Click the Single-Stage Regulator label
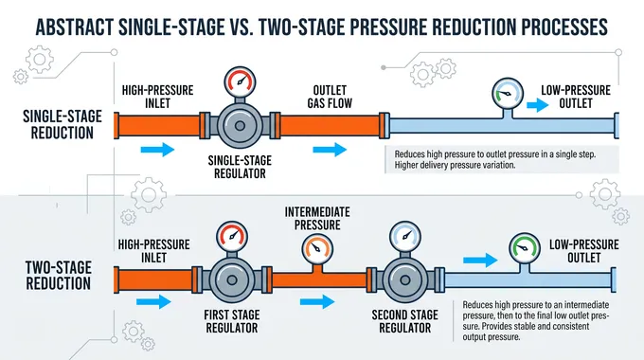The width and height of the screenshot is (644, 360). click(x=240, y=167)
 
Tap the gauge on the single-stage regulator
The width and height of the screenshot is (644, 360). click(x=241, y=82)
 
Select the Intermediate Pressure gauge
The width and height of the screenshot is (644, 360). click(x=317, y=249)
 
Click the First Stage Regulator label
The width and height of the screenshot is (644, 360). click(x=232, y=321)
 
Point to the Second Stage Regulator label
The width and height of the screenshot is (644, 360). click(x=405, y=321)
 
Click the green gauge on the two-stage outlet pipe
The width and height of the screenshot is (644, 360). click(x=525, y=248)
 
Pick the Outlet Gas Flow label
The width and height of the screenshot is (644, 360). click(x=330, y=97)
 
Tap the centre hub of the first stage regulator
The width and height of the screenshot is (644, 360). click(x=232, y=280)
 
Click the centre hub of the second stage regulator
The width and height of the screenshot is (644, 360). click(x=405, y=280)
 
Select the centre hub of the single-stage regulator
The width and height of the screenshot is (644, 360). click(x=241, y=126)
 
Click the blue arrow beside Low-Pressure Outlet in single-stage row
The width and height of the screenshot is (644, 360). click(x=538, y=105)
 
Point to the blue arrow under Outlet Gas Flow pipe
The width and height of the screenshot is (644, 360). click(x=330, y=150)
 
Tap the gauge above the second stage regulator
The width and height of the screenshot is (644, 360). click(x=405, y=237)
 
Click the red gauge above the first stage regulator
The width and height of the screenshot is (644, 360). click(x=232, y=237)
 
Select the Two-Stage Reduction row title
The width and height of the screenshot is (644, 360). click(x=59, y=276)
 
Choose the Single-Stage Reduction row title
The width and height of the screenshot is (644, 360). click(x=62, y=124)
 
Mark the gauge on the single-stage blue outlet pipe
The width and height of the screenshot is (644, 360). click(x=508, y=93)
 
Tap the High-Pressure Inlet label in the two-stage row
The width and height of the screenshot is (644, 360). click(x=154, y=251)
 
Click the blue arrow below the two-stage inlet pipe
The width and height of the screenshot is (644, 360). click(x=153, y=302)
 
